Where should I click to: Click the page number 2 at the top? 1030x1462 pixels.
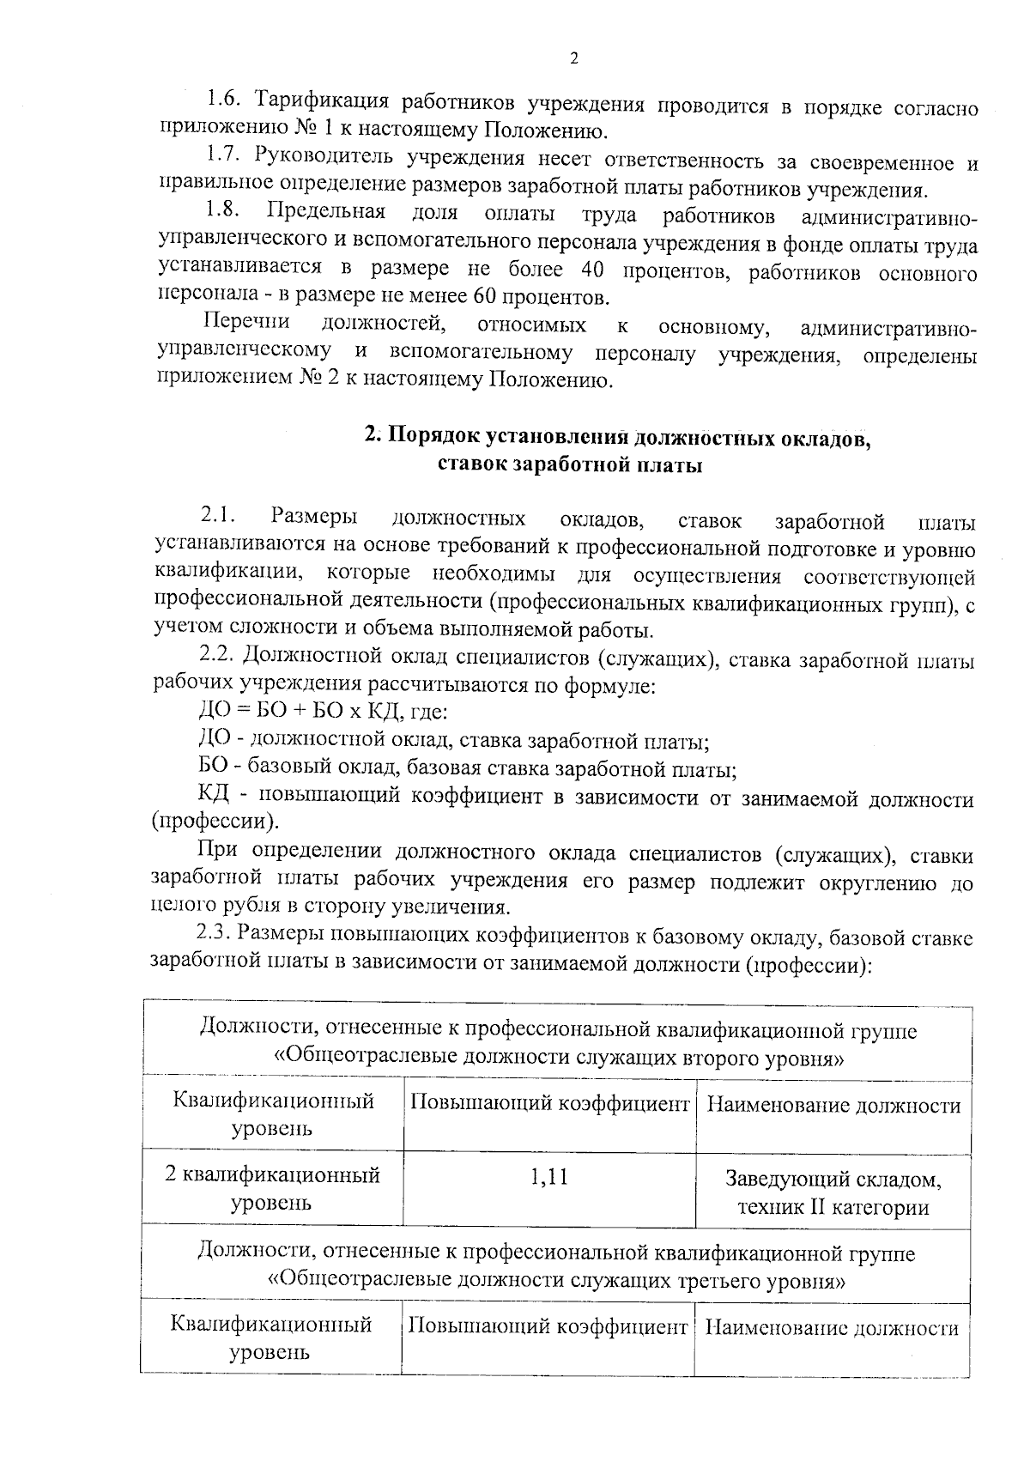[x=574, y=58]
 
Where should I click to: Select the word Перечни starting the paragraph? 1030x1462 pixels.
[x=246, y=324]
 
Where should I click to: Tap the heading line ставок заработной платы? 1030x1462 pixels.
[x=569, y=465]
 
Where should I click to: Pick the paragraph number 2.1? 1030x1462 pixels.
[x=219, y=519]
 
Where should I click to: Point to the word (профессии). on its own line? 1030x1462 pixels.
[x=215, y=822]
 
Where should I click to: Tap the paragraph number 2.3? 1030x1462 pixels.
[x=215, y=934]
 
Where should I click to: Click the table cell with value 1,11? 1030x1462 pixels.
[x=549, y=1177]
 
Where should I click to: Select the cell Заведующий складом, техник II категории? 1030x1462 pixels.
[x=833, y=1193]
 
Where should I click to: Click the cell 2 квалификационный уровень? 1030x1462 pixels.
[x=272, y=1188]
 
